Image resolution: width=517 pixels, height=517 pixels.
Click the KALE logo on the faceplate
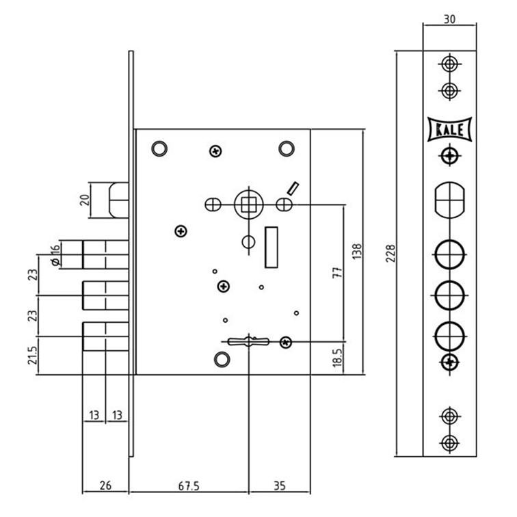tap(449, 129)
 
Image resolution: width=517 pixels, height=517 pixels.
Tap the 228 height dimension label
tap(390, 253)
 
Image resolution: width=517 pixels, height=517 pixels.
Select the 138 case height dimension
tap(357, 252)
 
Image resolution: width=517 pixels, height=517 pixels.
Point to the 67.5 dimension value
tap(189, 486)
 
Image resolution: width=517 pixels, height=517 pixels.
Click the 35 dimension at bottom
tap(279, 486)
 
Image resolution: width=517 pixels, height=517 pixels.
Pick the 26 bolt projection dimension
tap(105, 486)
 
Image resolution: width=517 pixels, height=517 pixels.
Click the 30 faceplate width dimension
tap(449, 19)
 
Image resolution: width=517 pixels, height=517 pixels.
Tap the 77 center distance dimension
tap(338, 273)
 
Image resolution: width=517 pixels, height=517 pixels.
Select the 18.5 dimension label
tap(338, 358)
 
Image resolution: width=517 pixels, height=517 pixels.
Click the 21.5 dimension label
tap(33, 355)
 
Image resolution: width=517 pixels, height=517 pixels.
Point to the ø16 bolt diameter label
tap(55, 255)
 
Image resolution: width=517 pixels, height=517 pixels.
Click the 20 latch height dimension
tap(85, 200)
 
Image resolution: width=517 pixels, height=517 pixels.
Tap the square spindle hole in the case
tap(249, 204)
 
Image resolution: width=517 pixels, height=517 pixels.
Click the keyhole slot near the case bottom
tap(249, 342)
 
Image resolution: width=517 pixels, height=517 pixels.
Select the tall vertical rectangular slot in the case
tap(271, 248)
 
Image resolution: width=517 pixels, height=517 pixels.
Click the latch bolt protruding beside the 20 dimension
tap(119, 200)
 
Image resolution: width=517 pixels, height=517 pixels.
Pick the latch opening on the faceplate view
tap(449, 200)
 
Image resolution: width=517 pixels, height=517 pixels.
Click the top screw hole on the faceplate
tap(449, 64)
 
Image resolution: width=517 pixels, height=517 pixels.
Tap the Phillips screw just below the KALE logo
tap(449, 156)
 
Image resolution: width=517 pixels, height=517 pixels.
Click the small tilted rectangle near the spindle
tap(293, 188)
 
